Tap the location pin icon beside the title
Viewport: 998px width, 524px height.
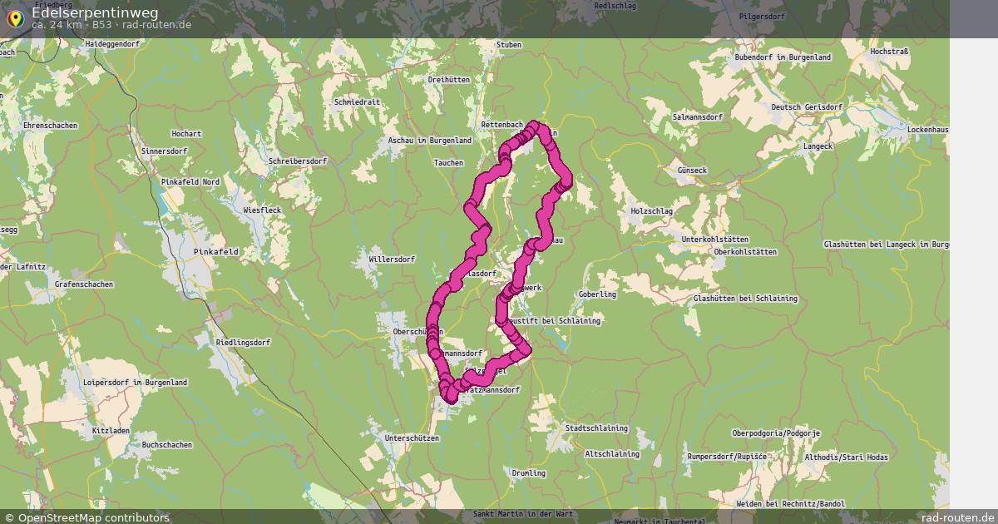pyautogui.click(x=14, y=18)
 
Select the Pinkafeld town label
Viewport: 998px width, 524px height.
pyautogui.click(x=215, y=251)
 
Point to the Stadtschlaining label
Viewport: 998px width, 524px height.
pyautogui.click(x=596, y=428)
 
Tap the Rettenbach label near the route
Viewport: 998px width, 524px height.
pyautogui.click(x=502, y=125)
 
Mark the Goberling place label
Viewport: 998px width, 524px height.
pyautogui.click(x=597, y=294)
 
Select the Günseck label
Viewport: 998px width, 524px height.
pyautogui.click(x=692, y=171)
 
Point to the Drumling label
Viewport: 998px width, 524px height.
pyautogui.click(x=529, y=473)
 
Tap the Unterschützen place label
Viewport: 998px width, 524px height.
pyautogui.click(x=412, y=437)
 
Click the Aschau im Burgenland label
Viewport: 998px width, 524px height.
pyautogui.click(x=430, y=141)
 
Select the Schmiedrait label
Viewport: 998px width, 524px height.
pyautogui.click(x=356, y=102)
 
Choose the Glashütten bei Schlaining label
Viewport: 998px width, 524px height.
pyautogui.click(x=745, y=299)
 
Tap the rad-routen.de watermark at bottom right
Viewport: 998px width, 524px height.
pyautogui.click(x=958, y=517)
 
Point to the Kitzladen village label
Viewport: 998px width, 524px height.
pyautogui.click(x=111, y=431)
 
